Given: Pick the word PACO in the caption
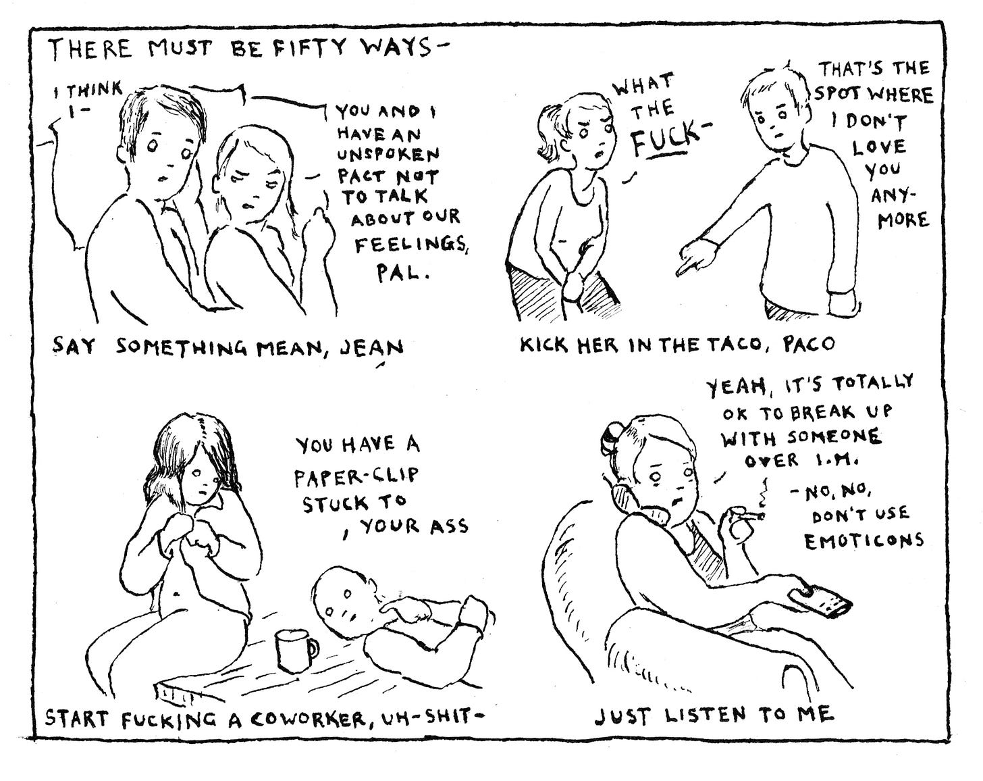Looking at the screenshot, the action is [809, 343].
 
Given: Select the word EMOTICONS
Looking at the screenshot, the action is [864, 541].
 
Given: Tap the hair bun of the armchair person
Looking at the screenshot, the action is [610, 432].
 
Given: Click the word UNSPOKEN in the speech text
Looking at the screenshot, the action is [388, 155].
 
